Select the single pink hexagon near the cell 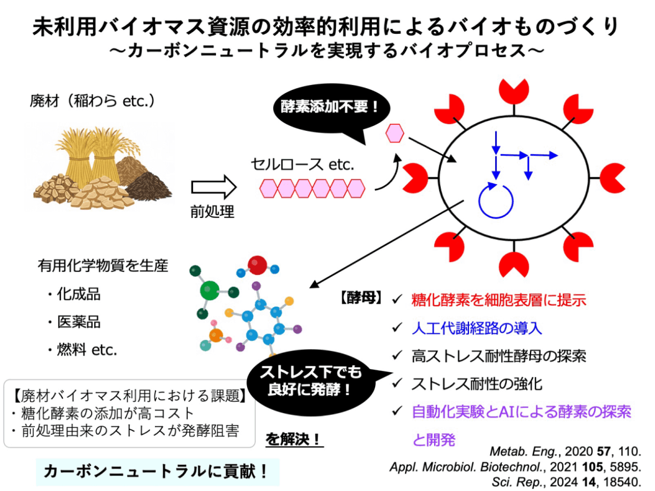coord(395,133)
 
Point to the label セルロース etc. coord(302,164)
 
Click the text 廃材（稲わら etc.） coord(92,102)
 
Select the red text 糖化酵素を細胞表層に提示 coord(498,301)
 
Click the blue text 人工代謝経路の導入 coord(477,328)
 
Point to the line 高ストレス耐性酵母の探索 coord(498,356)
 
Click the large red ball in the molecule coord(258,265)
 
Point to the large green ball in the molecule coord(210,288)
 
